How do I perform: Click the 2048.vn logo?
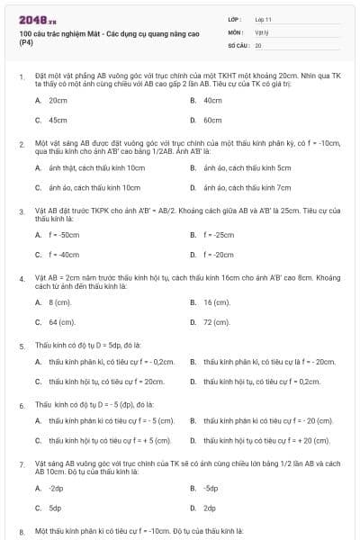coord(31,19)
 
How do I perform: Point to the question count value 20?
coord(258,44)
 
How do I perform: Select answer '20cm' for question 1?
coord(58,100)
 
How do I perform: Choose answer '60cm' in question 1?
coord(212,119)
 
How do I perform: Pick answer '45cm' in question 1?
coord(58,119)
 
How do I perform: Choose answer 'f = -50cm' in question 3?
coord(63,234)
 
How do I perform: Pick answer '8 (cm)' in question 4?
coord(59,301)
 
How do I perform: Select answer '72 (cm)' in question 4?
coord(216,321)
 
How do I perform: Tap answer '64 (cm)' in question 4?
coord(61,321)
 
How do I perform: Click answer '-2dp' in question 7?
coord(56,488)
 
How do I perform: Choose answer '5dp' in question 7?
coord(56,508)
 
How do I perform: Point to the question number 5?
coord(22,345)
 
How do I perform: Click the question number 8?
coord(22,531)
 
